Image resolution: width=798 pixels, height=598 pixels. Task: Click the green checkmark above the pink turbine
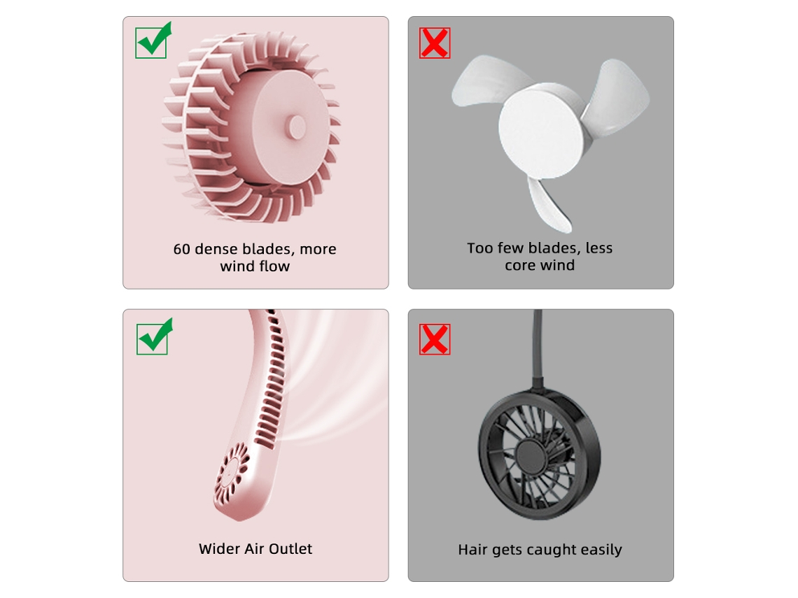coord(153,41)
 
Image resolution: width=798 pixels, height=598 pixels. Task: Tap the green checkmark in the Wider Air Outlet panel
coord(154,336)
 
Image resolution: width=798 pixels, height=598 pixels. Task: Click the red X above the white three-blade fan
coord(435,43)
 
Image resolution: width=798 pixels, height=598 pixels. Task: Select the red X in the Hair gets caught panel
coord(435,339)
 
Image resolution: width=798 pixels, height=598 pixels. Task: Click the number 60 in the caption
coord(182,249)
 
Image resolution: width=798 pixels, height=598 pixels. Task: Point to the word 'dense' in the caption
coord(216,249)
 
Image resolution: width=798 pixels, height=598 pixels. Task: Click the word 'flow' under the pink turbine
coord(274,266)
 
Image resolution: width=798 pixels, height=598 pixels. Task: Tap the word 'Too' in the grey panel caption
coord(479,248)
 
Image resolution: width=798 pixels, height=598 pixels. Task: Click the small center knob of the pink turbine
coord(295,127)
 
